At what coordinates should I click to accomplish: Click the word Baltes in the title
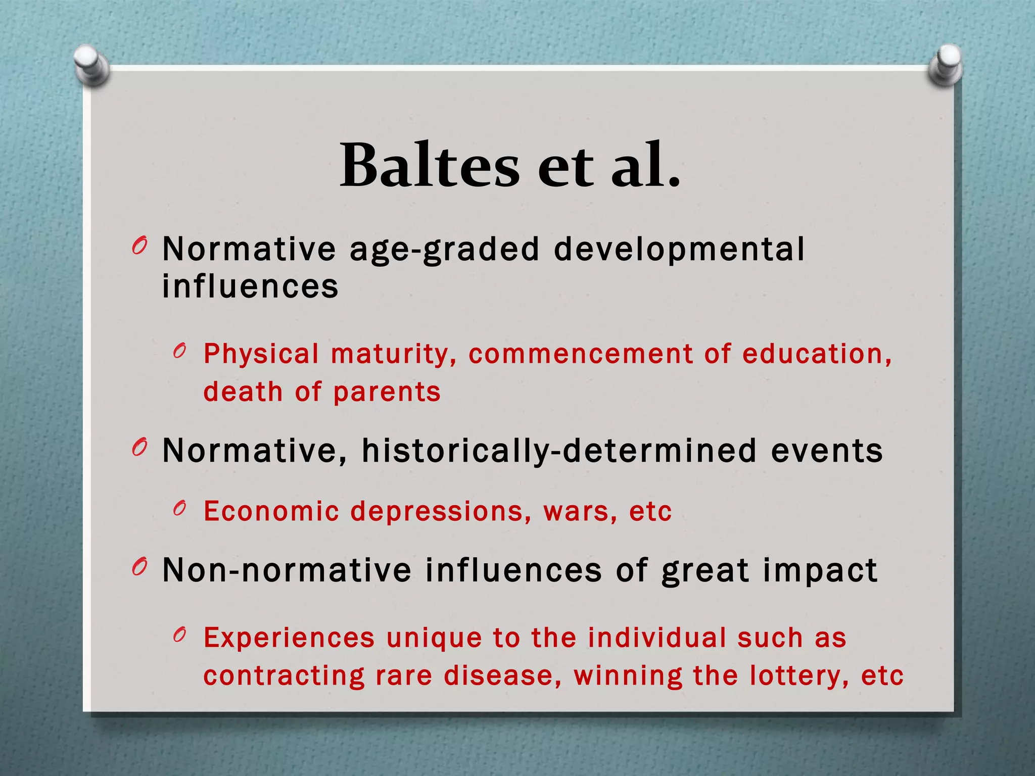[430, 166]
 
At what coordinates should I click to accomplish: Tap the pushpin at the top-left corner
[91, 64]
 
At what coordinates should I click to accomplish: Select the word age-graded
[445, 250]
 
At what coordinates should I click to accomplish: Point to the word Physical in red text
[261, 354]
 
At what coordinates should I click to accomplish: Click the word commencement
[581, 354]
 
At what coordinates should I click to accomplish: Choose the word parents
[387, 392]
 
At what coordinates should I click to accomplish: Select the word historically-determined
[559, 451]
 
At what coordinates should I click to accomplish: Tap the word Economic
[271, 511]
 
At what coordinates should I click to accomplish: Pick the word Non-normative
[287, 570]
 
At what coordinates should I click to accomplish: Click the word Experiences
[289, 638]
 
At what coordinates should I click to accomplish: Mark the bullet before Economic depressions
[179, 509]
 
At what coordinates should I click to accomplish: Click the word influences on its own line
[250, 286]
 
